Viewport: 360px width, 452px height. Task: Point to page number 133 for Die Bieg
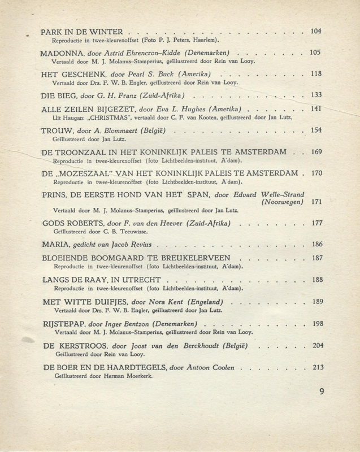point(316,94)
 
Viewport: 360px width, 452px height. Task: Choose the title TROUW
point(57,131)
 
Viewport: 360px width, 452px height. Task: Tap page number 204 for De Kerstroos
point(316,345)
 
